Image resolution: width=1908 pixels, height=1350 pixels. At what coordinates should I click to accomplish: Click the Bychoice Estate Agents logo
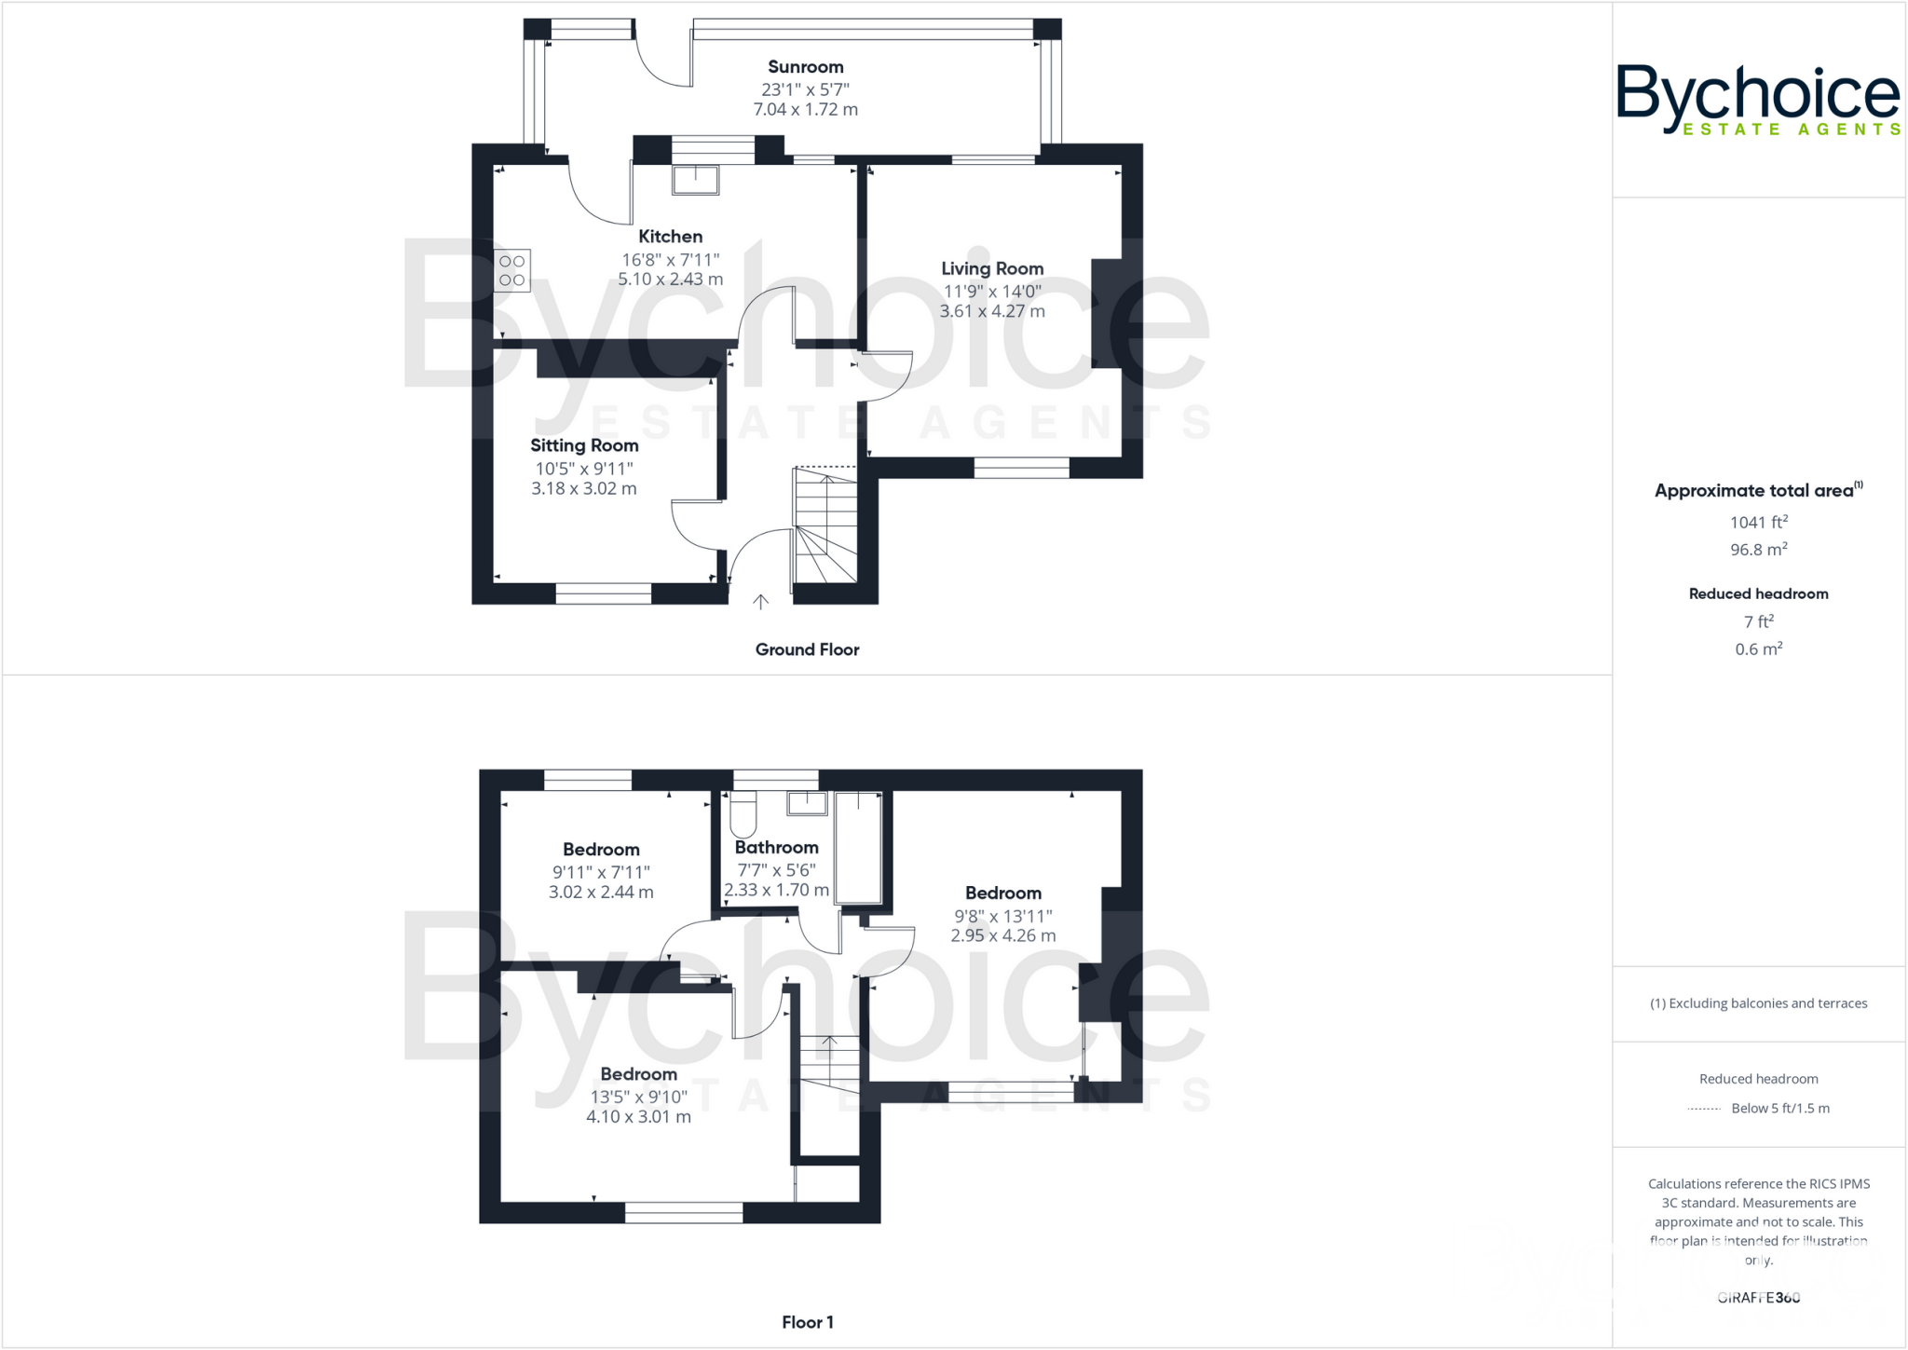point(1757,100)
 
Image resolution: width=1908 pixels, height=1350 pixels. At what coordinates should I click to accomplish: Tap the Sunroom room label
point(806,67)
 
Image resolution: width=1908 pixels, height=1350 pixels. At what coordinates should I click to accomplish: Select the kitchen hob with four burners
point(511,271)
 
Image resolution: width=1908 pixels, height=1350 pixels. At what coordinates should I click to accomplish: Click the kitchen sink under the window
point(695,180)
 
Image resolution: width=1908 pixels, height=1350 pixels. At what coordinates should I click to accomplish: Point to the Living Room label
point(992,269)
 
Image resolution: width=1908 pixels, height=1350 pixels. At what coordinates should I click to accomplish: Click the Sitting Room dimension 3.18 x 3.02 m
point(584,489)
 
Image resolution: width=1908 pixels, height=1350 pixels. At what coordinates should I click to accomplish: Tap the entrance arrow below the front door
point(761,603)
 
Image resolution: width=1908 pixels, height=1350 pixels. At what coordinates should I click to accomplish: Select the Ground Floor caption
point(807,650)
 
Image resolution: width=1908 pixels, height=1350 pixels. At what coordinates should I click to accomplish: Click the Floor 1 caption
point(807,1322)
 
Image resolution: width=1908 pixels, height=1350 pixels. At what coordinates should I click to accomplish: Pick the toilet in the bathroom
point(743,814)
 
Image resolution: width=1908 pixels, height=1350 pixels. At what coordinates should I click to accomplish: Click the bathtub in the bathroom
point(858,848)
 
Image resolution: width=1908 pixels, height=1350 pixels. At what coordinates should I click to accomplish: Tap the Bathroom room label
point(776,848)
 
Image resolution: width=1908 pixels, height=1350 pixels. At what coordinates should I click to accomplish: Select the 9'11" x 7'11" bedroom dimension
point(601,873)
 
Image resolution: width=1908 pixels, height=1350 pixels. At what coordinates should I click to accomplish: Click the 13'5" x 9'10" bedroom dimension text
point(638,1098)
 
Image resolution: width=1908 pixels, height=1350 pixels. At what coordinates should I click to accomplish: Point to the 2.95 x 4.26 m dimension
point(1003,936)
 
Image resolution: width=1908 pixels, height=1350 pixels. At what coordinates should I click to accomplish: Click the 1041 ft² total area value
point(1758,523)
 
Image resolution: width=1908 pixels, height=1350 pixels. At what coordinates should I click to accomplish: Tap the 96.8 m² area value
point(1758,550)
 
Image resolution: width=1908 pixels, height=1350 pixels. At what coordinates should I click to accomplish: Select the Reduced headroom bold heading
point(1758,594)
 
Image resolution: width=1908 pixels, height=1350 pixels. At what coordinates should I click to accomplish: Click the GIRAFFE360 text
point(1758,1298)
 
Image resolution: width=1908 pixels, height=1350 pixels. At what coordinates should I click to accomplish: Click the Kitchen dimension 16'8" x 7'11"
point(671,260)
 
